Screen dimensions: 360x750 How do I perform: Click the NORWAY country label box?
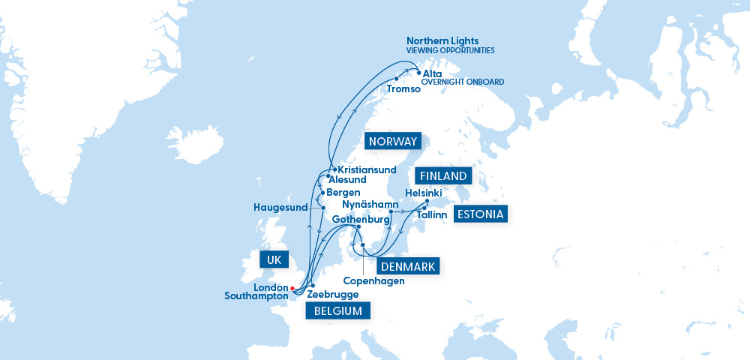click(392, 142)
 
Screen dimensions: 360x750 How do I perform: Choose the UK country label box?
click(273, 260)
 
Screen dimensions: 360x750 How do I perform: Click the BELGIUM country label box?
click(338, 310)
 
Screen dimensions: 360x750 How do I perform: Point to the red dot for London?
click(292, 287)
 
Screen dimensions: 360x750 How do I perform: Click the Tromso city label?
click(403, 89)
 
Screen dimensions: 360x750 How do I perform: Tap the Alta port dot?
click(418, 73)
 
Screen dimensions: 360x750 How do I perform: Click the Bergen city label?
click(343, 193)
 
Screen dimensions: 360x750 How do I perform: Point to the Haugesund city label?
click(281, 207)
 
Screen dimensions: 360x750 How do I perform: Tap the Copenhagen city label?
click(373, 281)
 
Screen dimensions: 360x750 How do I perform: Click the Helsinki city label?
click(424, 193)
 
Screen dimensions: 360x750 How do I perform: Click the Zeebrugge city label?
click(333, 295)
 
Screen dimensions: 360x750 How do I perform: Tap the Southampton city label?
click(256, 296)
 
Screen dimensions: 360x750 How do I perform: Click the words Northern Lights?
click(442, 40)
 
